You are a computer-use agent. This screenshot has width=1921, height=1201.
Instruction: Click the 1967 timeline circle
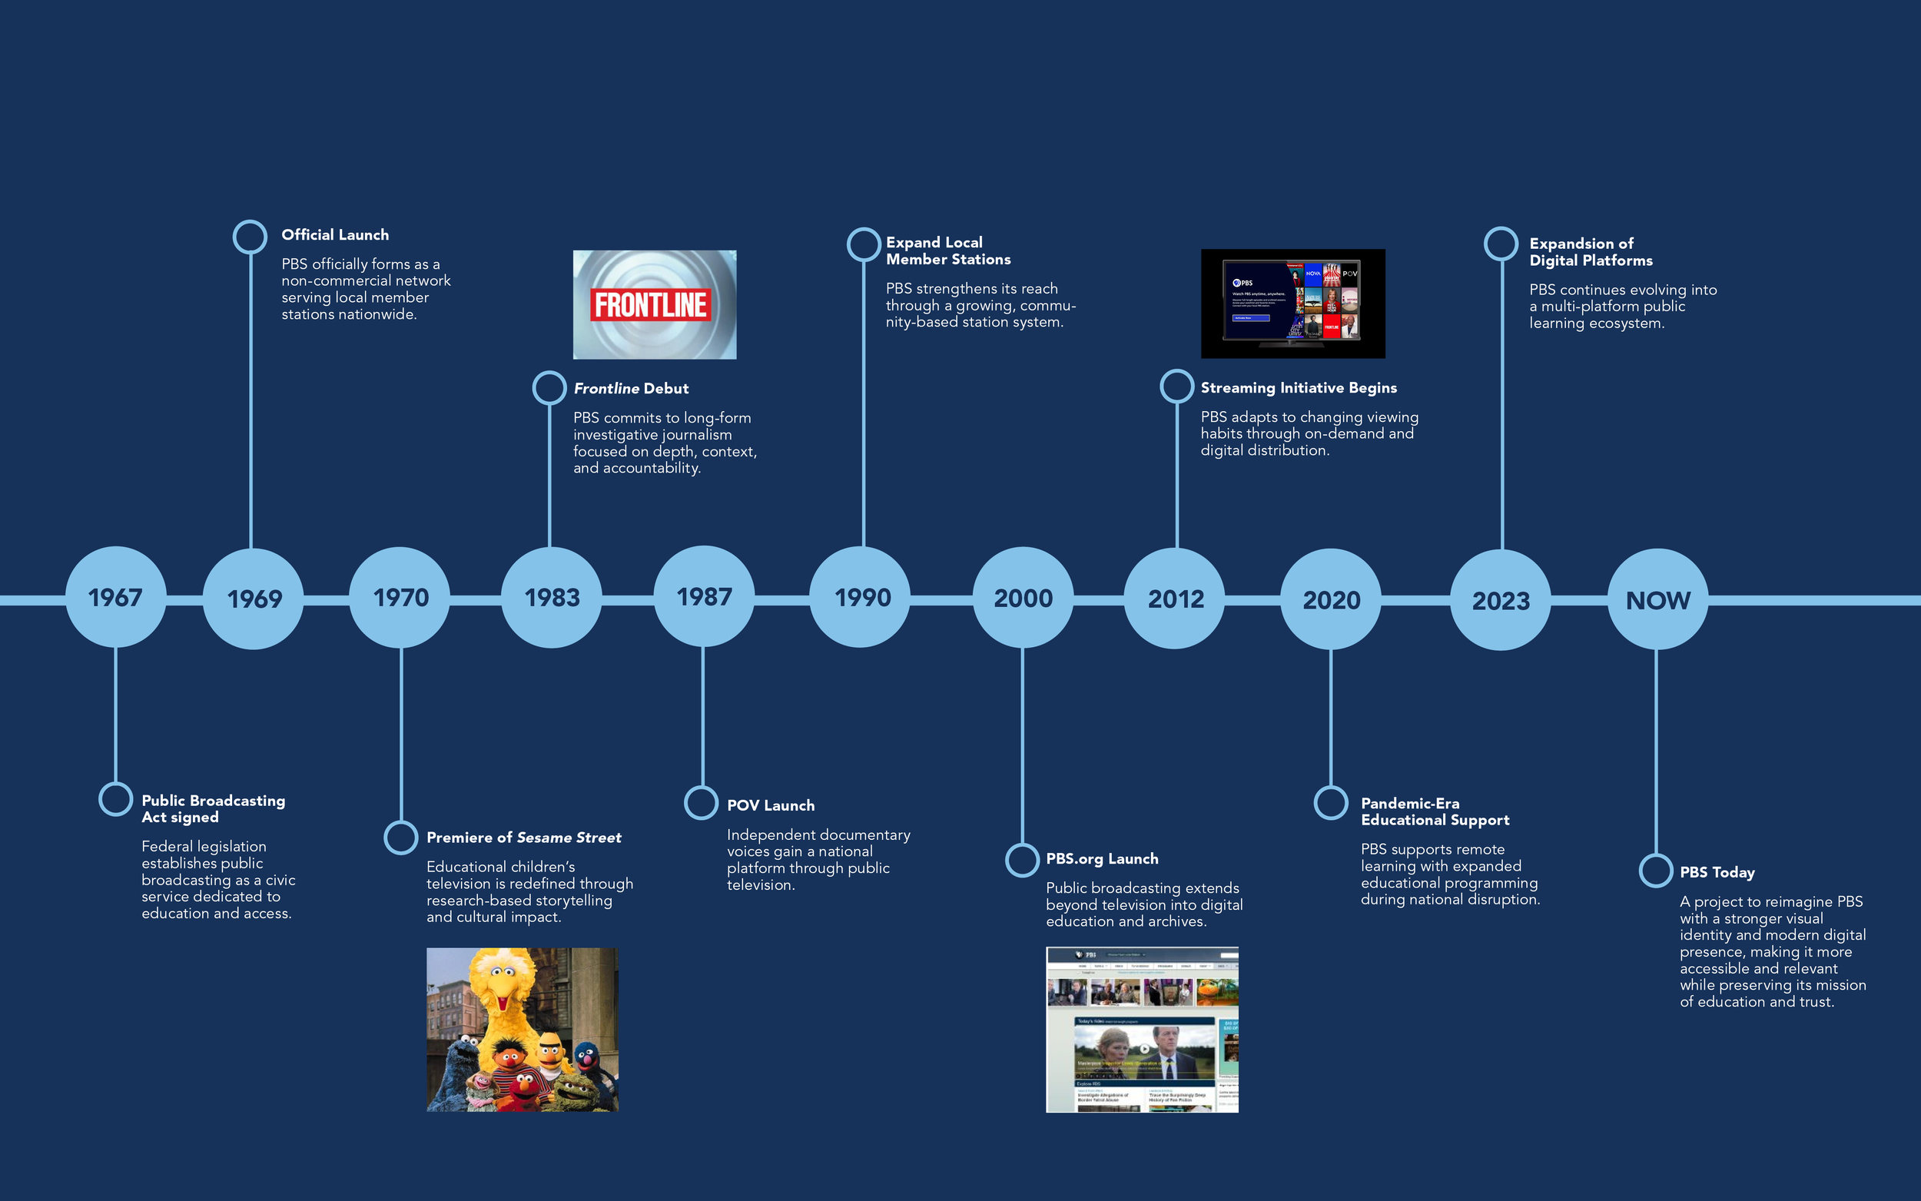click(116, 597)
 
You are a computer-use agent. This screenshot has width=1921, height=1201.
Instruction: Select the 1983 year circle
click(552, 597)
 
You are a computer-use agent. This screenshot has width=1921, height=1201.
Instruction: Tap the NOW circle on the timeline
click(1657, 599)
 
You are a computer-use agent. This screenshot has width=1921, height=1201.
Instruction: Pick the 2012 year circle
click(1175, 599)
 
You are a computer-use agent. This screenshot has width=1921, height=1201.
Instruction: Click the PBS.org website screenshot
click(1142, 1030)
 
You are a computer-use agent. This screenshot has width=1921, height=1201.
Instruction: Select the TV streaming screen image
click(1292, 304)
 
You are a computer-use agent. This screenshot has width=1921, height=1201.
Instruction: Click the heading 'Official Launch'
click(335, 235)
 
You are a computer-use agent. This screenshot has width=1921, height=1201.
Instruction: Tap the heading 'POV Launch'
click(770, 805)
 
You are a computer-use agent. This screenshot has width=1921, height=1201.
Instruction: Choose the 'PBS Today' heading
click(1717, 872)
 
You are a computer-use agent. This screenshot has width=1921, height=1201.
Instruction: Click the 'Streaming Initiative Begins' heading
click(1299, 387)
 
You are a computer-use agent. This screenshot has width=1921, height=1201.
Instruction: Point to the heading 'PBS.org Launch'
click(1101, 858)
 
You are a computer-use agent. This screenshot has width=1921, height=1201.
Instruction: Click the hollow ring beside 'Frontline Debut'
click(549, 387)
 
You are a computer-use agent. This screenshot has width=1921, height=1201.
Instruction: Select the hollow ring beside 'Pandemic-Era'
click(1331, 802)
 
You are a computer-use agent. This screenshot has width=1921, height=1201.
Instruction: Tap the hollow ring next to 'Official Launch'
click(250, 237)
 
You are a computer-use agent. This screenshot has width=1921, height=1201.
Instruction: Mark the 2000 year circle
click(1023, 598)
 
